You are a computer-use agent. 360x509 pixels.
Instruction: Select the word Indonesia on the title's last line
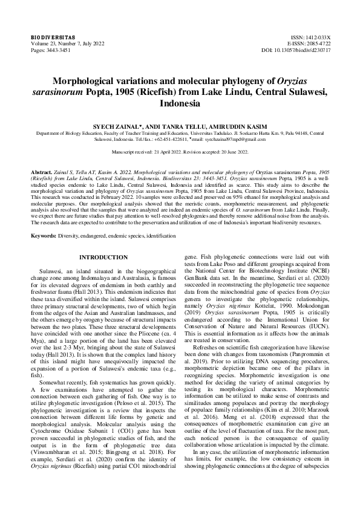pos(180,103)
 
